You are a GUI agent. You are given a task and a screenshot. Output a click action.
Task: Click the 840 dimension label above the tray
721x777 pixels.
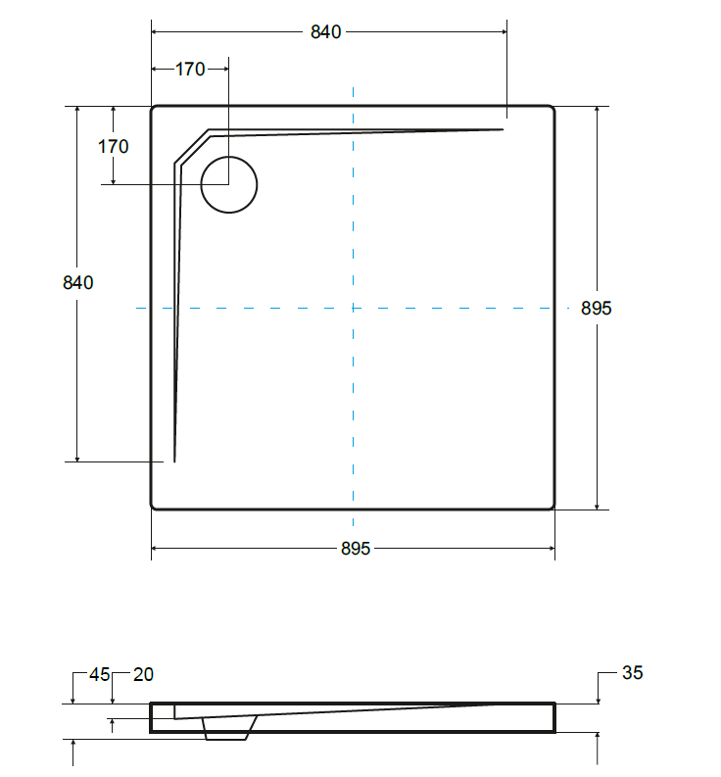point(325,32)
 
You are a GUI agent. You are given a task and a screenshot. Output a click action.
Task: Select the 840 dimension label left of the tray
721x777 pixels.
point(77,283)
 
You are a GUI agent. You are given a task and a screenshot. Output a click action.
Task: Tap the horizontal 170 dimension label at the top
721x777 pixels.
point(190,70)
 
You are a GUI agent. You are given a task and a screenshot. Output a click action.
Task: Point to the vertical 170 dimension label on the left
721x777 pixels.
point(113,147)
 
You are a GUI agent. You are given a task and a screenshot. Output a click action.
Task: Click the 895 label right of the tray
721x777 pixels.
point(597,309)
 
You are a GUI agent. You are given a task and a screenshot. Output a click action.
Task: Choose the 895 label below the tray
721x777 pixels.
point(356,549)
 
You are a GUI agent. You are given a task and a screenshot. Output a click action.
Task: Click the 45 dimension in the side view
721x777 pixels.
point(99,674)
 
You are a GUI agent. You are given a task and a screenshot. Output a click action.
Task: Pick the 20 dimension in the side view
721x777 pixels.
point(143,674)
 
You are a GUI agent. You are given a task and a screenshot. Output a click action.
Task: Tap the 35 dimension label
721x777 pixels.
point(632,673)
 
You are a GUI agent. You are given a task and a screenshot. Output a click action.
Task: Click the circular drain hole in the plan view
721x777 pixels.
point(229,157)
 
